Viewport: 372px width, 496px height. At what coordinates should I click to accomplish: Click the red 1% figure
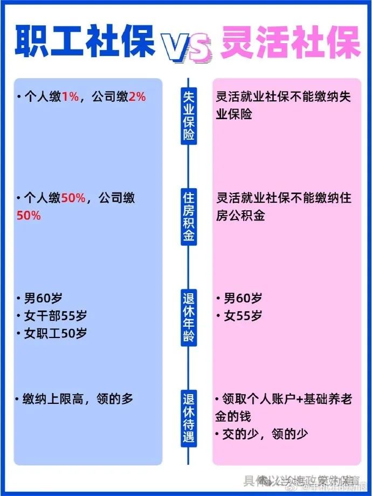pyautogui.click(x=70, y=97)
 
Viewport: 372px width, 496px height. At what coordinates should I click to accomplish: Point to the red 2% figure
pyautogui.click(x=137, y=97)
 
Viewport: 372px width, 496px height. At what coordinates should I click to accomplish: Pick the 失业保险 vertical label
pyautogui.click(x=188, y=116)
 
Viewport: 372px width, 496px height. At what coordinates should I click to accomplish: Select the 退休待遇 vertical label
pyautogui.click(x=188, y=418)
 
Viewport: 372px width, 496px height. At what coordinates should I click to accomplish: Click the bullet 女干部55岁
pyautogui.click(x=55, y=315)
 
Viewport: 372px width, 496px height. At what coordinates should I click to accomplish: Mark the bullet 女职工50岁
pyautogui.click(x=55, y=333)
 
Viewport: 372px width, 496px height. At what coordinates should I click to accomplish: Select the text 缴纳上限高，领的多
pyautogui.click(x=78, y=399)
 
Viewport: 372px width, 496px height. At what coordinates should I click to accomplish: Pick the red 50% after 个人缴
pyautogui.click(x=73, y=198)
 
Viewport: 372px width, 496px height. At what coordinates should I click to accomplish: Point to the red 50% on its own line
pyautogui.click(x=29, y=216)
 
